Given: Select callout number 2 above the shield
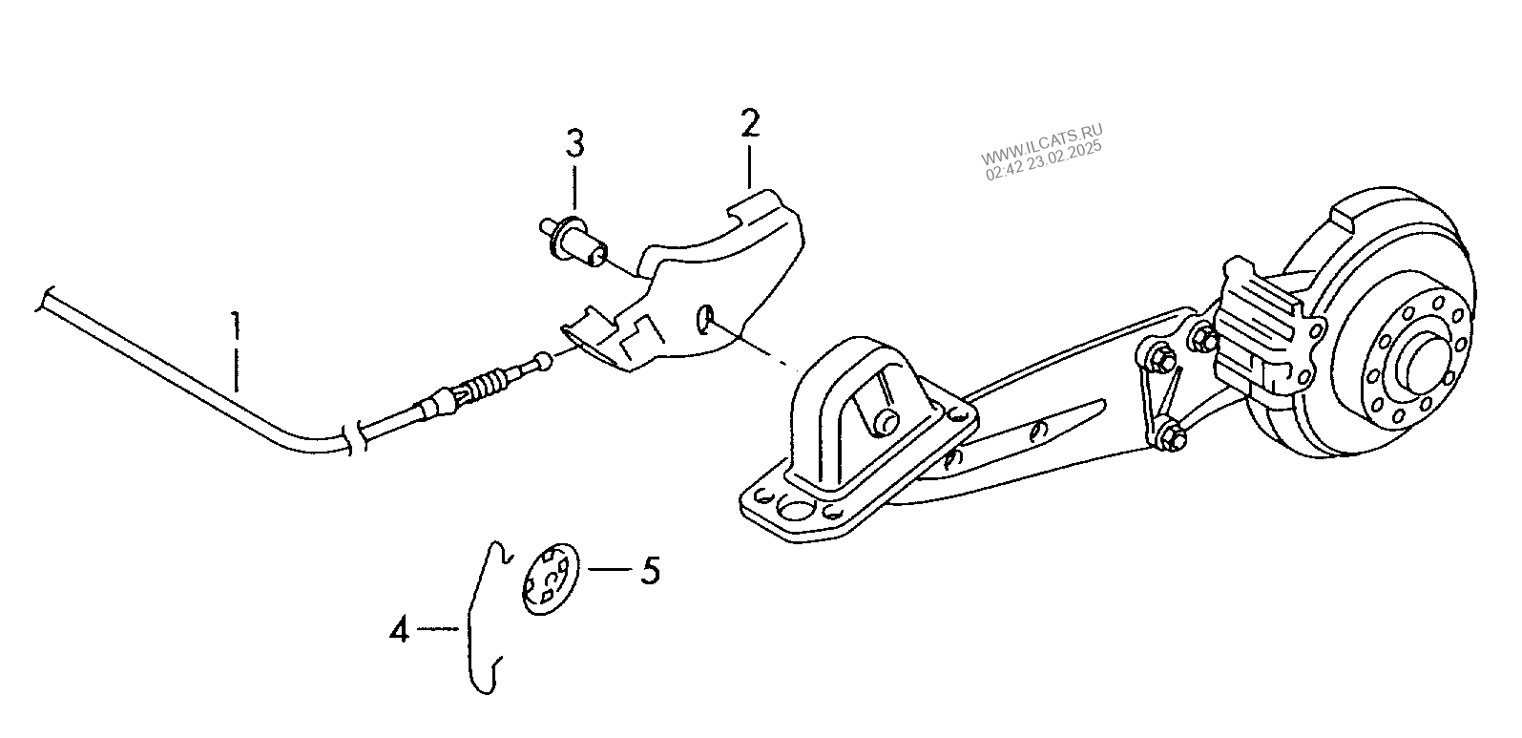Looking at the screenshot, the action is (x=750, y=123).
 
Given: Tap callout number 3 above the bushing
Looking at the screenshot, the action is (x=574, y=144).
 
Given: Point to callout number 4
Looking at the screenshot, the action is (x=399, y=629).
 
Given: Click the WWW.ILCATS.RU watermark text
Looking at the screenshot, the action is (x=1041, y=144).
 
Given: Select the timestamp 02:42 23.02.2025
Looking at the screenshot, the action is (x=1044, y=161).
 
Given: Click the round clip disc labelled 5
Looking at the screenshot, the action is (x=550, y=579).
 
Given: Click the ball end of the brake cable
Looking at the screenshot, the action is (x=543, y=362).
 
